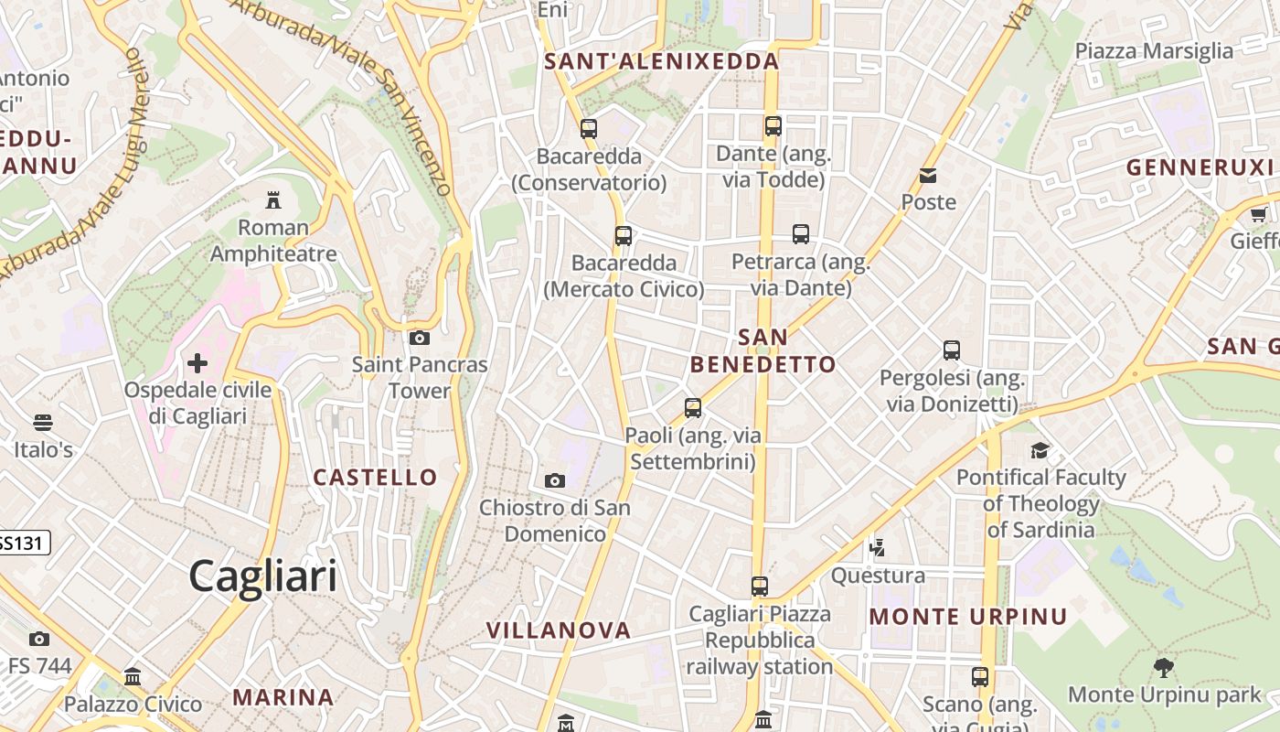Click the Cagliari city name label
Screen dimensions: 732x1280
pos(263,576)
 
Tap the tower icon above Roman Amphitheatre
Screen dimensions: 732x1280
pos(272,199)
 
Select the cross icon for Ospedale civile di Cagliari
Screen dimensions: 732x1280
pos(197,364)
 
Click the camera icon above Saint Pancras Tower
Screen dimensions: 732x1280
pos(420,339)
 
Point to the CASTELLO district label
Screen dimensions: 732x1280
pos(376,478)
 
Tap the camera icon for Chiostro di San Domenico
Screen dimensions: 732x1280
pos(555,481)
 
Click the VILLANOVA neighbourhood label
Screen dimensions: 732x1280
pos(559,630)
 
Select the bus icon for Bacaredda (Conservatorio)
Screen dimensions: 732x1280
pos(589,129)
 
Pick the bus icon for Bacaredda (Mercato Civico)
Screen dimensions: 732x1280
pos(624,236)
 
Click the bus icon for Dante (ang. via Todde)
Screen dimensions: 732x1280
pos(773,126)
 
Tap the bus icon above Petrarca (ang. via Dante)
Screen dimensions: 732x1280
pos(801,234)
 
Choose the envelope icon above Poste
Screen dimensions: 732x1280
pos(928,176)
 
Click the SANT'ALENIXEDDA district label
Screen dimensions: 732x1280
pos(662,62)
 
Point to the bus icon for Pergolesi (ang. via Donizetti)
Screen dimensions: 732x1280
pos(952,350)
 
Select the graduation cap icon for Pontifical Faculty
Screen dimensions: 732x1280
pos(1040,450)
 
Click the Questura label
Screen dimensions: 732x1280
pos(878,576)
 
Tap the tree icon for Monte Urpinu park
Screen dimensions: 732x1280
pos(1164,668)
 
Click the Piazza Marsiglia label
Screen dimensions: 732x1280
pos(1154,51)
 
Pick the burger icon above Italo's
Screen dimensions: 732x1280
pos(43,423)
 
